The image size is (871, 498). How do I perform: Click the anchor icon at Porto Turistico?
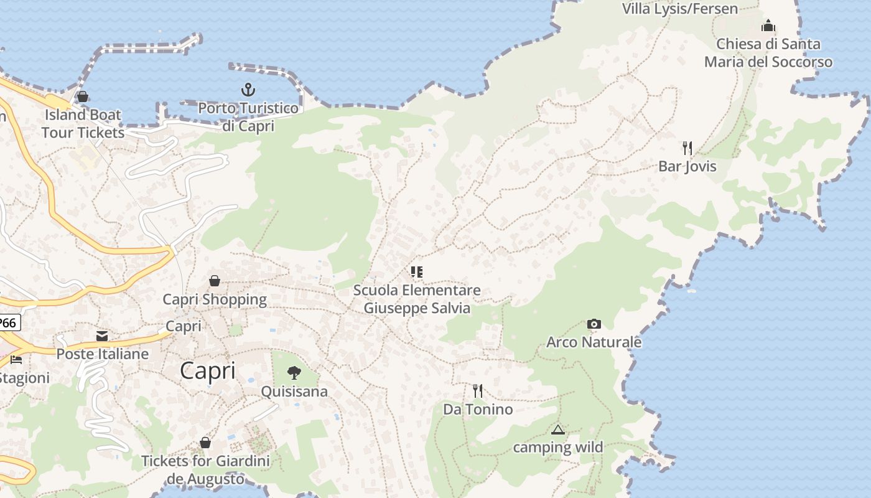[248, 90]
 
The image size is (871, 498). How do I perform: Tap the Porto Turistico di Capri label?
[248, 116]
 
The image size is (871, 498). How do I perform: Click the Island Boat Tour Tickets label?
[83, 123]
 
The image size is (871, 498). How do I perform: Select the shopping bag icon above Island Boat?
[82, 96]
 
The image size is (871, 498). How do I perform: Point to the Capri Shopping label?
[215, 299]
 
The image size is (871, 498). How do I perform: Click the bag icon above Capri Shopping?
[215, 281]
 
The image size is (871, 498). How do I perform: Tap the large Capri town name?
[208, 371]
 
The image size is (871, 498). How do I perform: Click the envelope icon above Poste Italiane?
[102, 336]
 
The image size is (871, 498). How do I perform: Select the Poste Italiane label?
[103, 354]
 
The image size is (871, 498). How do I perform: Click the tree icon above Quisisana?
[294, 373]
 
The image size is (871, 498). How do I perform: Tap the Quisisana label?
[294, 392]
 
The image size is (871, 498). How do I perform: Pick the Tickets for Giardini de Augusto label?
[206, 470]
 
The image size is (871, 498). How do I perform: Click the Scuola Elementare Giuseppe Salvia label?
[417, 299]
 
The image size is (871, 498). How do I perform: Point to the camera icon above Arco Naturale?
[594, 324]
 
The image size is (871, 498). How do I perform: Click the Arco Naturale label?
[594, 342]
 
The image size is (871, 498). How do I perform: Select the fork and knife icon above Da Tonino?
[477, 391]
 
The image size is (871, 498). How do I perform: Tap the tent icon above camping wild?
[558, 430]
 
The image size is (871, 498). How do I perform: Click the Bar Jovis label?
[687, 166]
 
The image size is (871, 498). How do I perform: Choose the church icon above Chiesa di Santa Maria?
[768, 26]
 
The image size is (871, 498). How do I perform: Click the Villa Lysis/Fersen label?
[680, 9]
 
